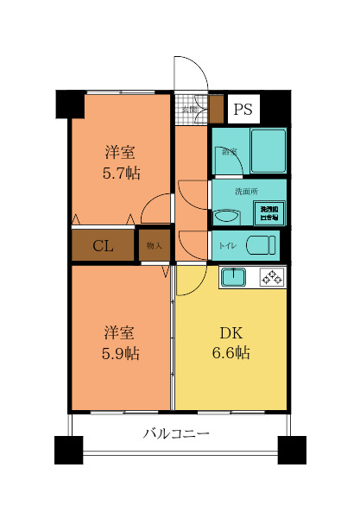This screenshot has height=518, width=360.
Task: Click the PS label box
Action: pyautogui.click(x=243, y=110)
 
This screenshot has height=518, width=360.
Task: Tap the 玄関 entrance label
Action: pyautogui.click(x=188, y=109)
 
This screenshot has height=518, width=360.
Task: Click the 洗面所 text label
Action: pyautogui.click(x=247, y=191)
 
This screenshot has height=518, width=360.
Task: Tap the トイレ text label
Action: pyautogui.click(x=226, y=246)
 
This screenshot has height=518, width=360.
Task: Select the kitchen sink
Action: pyautogui.click(x=233, y=277)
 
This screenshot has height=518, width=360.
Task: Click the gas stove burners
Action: pyautogui.click(x=273, y=277)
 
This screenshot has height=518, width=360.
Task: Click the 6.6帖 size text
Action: pyautogui.click(x=230, y=354)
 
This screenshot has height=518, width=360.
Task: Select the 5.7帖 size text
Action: pyautogui.click(x=121, y=173)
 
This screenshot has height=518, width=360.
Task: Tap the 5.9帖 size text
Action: pyautogui.click(x=121, y=354)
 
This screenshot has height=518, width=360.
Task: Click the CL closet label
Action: pyautogui.click(x=103, y=246)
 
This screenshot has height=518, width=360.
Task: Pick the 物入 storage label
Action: pyautogui.click(x=155, y=245)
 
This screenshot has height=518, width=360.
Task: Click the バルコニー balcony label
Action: pyautogui.click(x=176, y=434)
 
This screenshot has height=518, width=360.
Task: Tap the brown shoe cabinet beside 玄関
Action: pyautogui.click(x=217, y=109)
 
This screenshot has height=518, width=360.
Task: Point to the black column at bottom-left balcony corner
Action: pyautogui.click(x=69, y=451)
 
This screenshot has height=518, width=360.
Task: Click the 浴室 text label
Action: pyautogui.click(x=229, y=152)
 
